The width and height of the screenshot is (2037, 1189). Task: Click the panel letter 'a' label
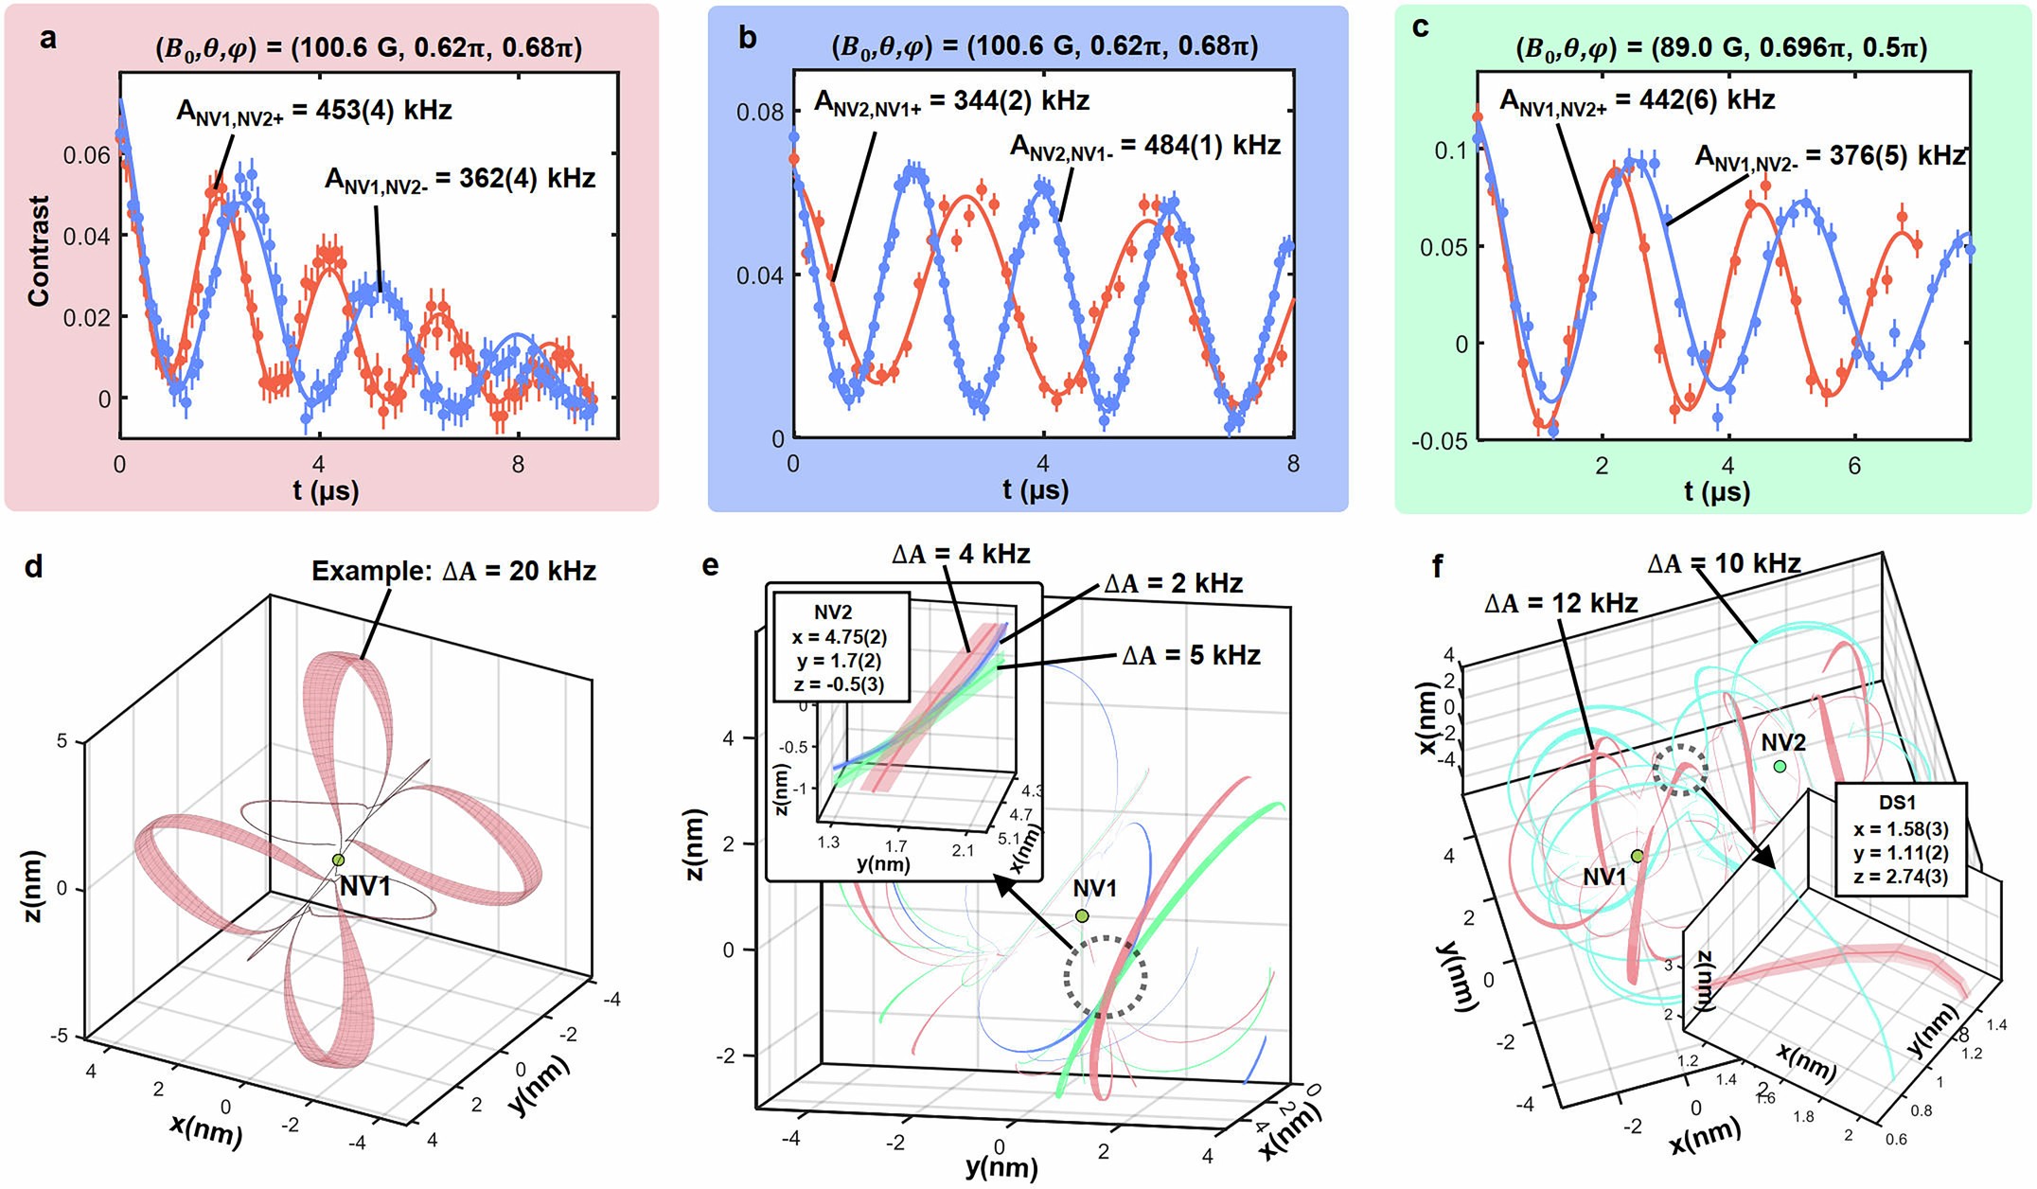pyautogui.click(x=48, y=39)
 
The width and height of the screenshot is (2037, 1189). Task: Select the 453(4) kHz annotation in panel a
pyautogui.click(x=313, y=111)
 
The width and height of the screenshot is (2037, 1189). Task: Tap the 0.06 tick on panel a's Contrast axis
pyautogui.click(x=86, y=155)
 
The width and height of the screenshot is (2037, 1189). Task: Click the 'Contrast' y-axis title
pyautogui.click(x=39, y=251)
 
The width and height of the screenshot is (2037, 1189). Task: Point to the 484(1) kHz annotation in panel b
pyautogui.click(x=1144, y=146)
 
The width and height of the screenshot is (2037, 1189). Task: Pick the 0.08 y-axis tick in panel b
pyautogui.click(x=760, y=113)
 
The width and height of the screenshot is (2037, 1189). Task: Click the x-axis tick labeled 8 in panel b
pyautogui.click(x=1292, y=464)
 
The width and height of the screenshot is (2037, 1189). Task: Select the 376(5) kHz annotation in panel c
pyautogui.click(x=1829, y=156)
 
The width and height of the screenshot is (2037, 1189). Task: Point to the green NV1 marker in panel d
pyautogui.click(x=338, y=860)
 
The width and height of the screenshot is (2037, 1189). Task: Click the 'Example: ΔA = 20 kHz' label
pyautogui.click(x=453, y=571)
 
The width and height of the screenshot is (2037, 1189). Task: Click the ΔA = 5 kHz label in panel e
pyautogui.click(x=1191, y=655)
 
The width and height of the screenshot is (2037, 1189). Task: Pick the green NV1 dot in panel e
pyautogui.click(x=1081, y=915)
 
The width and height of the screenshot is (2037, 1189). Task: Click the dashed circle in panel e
pyautogui.click(x=1105, y=977)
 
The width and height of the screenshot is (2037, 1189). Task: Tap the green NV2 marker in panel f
pyautogui.click(x=1780, y=766)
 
